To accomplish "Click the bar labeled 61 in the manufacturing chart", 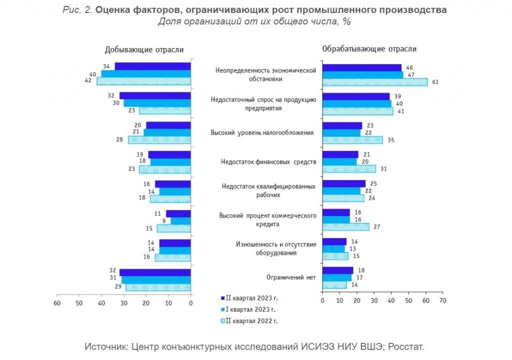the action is (375, 82).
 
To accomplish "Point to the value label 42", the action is (88, 80).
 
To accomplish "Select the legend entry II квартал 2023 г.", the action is (249, 298).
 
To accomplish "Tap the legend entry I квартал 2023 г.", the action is (248, 309).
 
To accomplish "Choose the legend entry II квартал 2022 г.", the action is (249, 321).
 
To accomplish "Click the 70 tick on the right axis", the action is (443, 300).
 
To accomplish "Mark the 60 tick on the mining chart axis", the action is (57, 303).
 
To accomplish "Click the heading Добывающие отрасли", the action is (144, 49).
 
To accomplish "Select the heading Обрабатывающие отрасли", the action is (369, 49).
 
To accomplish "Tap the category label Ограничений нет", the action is (291, 277).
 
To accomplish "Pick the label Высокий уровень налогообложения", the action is (262, 132).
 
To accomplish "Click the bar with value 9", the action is (180, 221).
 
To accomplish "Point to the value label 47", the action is (411, 75).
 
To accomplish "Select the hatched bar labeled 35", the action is (352, 140).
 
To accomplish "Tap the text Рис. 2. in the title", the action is (77, 10).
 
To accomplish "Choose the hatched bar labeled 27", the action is (346, 226).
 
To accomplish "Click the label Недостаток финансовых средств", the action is (268, 161).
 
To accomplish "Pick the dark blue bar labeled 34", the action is (152, 66).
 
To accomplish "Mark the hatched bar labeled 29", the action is (158, 287).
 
